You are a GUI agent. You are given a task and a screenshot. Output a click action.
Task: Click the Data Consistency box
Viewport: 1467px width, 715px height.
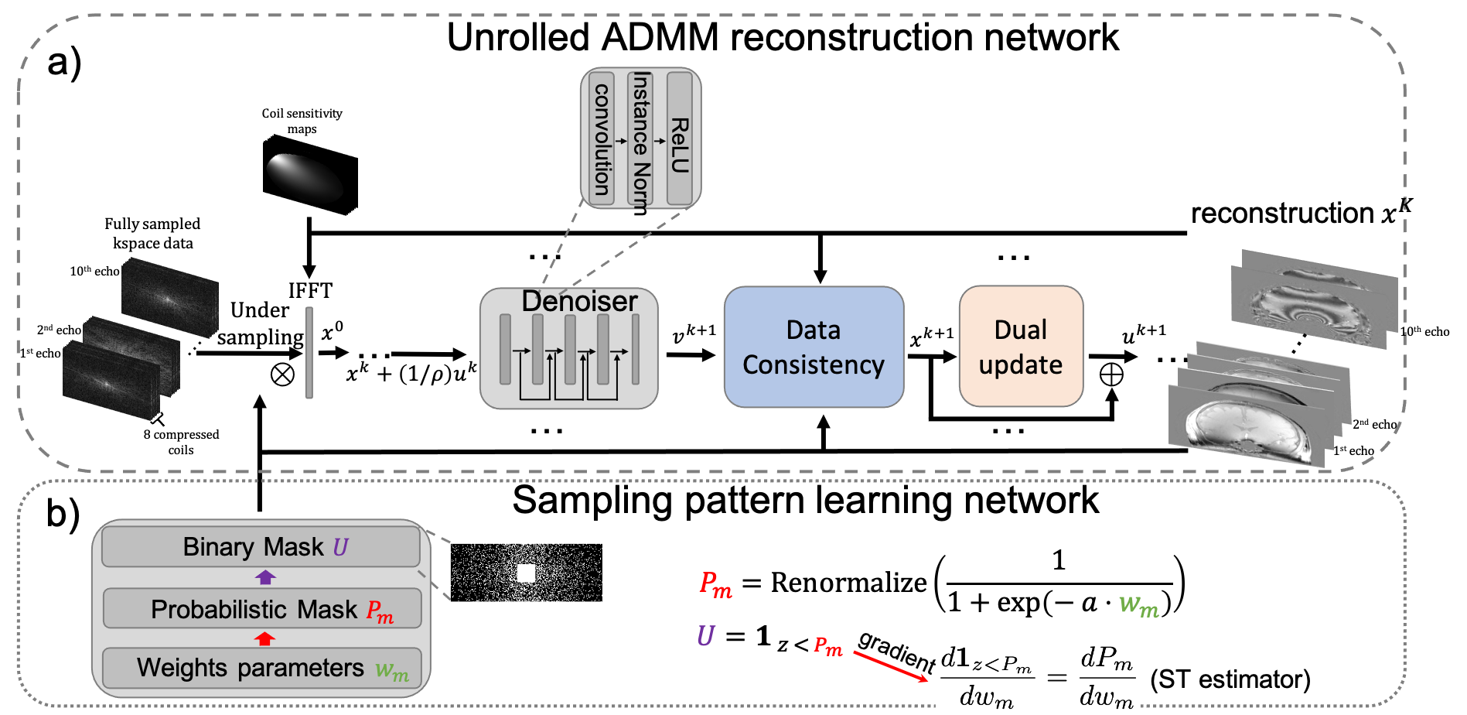[x=814, y=347]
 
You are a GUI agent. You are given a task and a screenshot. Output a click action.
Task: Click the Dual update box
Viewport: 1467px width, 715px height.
[x=1021, y=347]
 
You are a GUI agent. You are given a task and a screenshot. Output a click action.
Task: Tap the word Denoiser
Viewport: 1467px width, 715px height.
[x=579, y=301]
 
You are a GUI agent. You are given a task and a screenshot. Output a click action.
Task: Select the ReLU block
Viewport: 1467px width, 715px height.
[x=679, y=139]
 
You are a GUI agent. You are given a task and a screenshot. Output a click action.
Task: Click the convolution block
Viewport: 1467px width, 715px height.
[x=602, y=139]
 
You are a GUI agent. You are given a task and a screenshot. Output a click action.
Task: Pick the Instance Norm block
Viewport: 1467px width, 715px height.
[x=640, y=139]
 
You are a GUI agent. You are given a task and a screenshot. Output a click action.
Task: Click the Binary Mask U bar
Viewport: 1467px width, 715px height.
[x=261, y=547]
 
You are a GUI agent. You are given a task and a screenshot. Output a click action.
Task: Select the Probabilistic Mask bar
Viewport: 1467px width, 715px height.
[x=261, y=609]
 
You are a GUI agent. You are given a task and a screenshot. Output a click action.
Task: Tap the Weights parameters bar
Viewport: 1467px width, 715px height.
[x=261, y=668]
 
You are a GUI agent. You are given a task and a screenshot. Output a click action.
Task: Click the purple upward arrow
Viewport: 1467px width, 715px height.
[x=265, y=577]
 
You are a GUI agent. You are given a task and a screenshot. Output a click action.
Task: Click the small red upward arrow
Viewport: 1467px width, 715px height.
[x=265, y=638]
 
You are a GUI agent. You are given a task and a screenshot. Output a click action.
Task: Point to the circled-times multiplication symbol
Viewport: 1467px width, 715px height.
[x=282, y=375]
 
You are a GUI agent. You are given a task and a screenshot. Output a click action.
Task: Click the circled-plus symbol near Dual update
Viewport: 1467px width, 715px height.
[x=1111, y=375]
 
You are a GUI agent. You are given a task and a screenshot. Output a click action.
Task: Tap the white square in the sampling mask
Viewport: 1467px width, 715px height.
[x=526, y=573]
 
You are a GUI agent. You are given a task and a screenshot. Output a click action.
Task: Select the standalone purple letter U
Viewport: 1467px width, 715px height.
[x=705, y=636]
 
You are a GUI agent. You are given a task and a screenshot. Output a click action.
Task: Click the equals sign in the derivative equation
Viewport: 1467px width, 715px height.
[x=1056, y=679]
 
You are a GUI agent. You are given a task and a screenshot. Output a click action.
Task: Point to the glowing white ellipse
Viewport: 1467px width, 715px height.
[x=304, y=177]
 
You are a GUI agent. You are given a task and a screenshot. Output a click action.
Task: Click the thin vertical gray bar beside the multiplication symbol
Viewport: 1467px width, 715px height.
[x=309, y=353]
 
